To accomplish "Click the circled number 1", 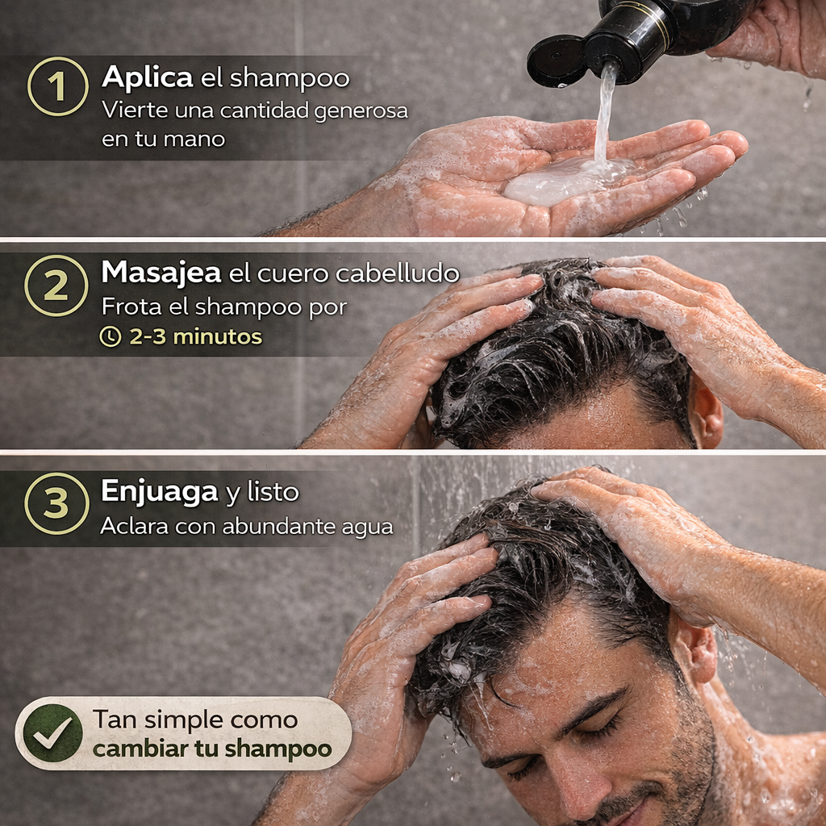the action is click(57, 86).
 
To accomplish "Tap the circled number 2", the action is click(56, 286).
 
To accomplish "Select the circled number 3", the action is click(56, 503).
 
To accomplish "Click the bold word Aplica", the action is click(147, 78).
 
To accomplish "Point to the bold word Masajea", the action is click(161, 273).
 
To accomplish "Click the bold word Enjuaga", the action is click(159, 492).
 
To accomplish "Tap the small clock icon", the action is click(110, 336).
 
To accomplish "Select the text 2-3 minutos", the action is click(195, 336).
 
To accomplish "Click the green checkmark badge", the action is click(52, 732).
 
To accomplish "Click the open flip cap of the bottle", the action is click(556, 60).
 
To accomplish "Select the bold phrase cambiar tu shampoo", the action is click(212, 749).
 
